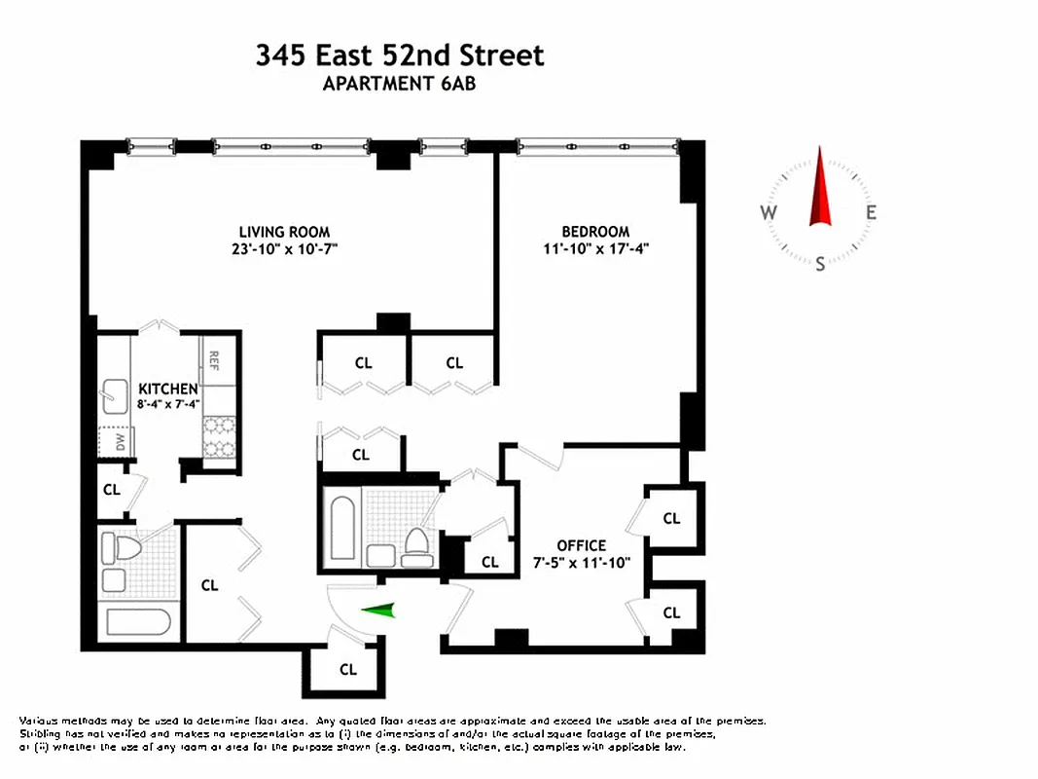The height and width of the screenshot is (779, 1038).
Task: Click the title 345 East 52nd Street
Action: point(400,56)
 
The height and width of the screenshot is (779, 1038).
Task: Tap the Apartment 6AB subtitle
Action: point(399,84)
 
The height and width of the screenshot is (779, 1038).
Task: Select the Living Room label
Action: point(284,232)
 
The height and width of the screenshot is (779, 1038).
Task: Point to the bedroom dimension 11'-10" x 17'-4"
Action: point(595,248)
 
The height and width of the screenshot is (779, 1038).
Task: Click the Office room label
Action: point(581,545)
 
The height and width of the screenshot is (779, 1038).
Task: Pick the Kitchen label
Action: point(167,389)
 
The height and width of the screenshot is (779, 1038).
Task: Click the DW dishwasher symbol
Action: point(116,442)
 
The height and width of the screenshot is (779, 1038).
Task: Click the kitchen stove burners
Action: point(218,436)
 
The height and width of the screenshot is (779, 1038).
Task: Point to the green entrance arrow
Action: point(379,611)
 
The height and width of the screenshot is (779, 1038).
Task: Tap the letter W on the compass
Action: point(768,213)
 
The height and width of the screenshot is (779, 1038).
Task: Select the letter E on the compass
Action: point(872,213)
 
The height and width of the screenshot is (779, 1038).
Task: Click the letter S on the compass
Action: point(820,263)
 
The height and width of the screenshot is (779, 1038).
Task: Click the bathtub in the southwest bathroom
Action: point(137,623)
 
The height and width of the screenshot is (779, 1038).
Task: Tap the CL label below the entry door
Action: point(347,670)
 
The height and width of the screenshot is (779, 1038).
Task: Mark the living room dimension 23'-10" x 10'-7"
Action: point(284,248)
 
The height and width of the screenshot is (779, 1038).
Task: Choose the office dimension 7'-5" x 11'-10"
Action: point(581,562)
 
